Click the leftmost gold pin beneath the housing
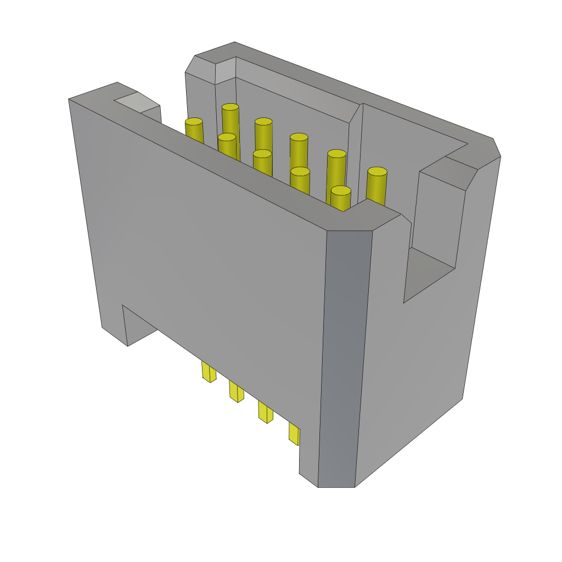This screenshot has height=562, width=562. pos(208,372)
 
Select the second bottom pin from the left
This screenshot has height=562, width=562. pos(236,392)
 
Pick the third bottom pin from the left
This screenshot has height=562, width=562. pos(265,413)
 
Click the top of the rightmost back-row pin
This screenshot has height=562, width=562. pos(377,172)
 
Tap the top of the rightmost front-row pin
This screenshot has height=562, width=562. pos(341,191)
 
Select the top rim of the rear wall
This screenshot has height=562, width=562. pos(357,88)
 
